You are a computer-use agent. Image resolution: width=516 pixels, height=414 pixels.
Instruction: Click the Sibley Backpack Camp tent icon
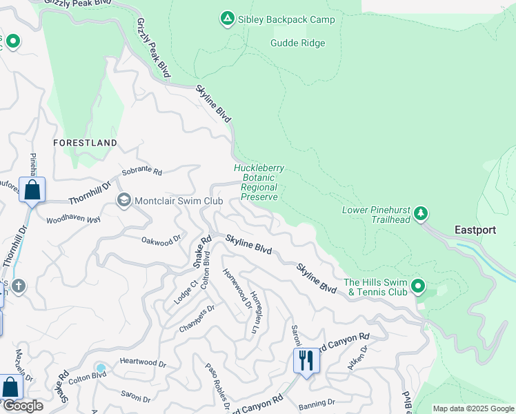tap(227, 19)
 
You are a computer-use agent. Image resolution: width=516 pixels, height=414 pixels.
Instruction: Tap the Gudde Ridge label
tap(297, 43)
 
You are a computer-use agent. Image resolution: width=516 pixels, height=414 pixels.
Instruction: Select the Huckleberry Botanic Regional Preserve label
tap(259, 182)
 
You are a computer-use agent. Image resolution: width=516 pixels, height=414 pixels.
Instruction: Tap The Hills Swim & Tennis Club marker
tap(417, 286)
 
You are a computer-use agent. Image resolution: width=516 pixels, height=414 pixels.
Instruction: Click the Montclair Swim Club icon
tap(124, 201)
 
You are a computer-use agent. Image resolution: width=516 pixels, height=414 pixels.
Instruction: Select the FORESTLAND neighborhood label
tap(86, 142)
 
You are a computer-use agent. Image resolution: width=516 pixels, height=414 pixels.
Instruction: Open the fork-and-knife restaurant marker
tap(304, 360)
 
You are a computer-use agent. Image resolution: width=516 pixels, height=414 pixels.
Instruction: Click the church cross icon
tap(19, 285)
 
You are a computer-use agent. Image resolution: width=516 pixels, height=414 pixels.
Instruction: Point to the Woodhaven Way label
tap(73, 220)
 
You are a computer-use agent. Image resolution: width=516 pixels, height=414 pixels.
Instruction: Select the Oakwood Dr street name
tap(161, 239)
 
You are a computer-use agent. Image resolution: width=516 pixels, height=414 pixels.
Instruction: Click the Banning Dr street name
tap(317, 402)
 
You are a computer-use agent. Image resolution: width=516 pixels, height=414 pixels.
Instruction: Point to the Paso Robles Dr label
tap(217, 386)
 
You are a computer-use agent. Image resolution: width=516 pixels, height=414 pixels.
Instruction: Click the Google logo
tap(22, 406)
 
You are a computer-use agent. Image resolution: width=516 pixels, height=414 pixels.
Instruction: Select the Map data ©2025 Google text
tap(473, 408)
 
